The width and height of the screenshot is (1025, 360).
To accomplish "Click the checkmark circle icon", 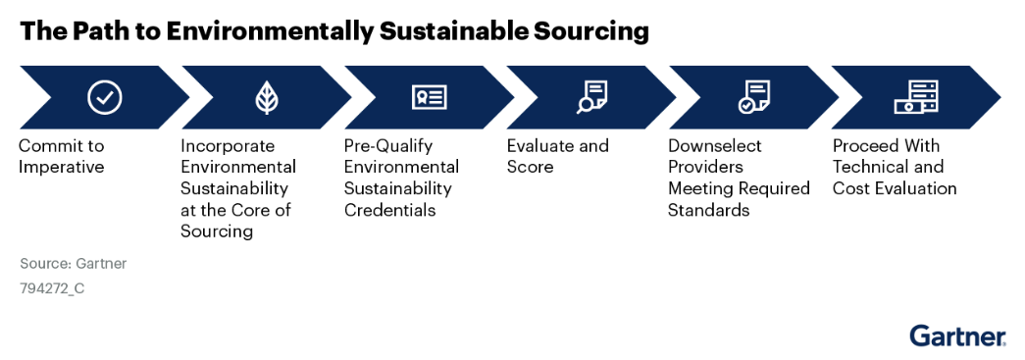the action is tap(105, 97).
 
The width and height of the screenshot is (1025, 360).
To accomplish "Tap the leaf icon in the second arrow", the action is tap(267, 98).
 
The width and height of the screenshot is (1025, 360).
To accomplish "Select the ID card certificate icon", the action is tap(430, 97).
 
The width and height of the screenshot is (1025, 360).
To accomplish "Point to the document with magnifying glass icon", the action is tap(591, 97).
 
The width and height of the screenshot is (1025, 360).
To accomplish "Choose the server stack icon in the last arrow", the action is tap(916, 97).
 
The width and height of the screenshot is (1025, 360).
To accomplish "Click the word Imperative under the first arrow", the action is tap(62, 168).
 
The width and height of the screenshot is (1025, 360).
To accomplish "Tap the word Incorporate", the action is tap(228, 145).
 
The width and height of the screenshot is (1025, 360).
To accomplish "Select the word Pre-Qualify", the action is tap(388, 145).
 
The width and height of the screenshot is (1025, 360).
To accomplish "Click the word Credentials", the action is tap(389, 210).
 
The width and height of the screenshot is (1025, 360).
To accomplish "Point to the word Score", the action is tap(530, 167).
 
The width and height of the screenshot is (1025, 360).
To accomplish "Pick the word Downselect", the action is tap(715, 145).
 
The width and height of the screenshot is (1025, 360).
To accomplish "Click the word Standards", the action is tap(708, 210).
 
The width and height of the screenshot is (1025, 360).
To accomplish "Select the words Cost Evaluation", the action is tap(895, 188).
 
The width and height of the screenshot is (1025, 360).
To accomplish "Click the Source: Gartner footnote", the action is tap(74, 264).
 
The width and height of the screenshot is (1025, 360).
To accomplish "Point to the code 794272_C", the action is tap(52, 288).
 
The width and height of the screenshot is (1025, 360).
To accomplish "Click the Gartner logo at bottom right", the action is tap(957, 335).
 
